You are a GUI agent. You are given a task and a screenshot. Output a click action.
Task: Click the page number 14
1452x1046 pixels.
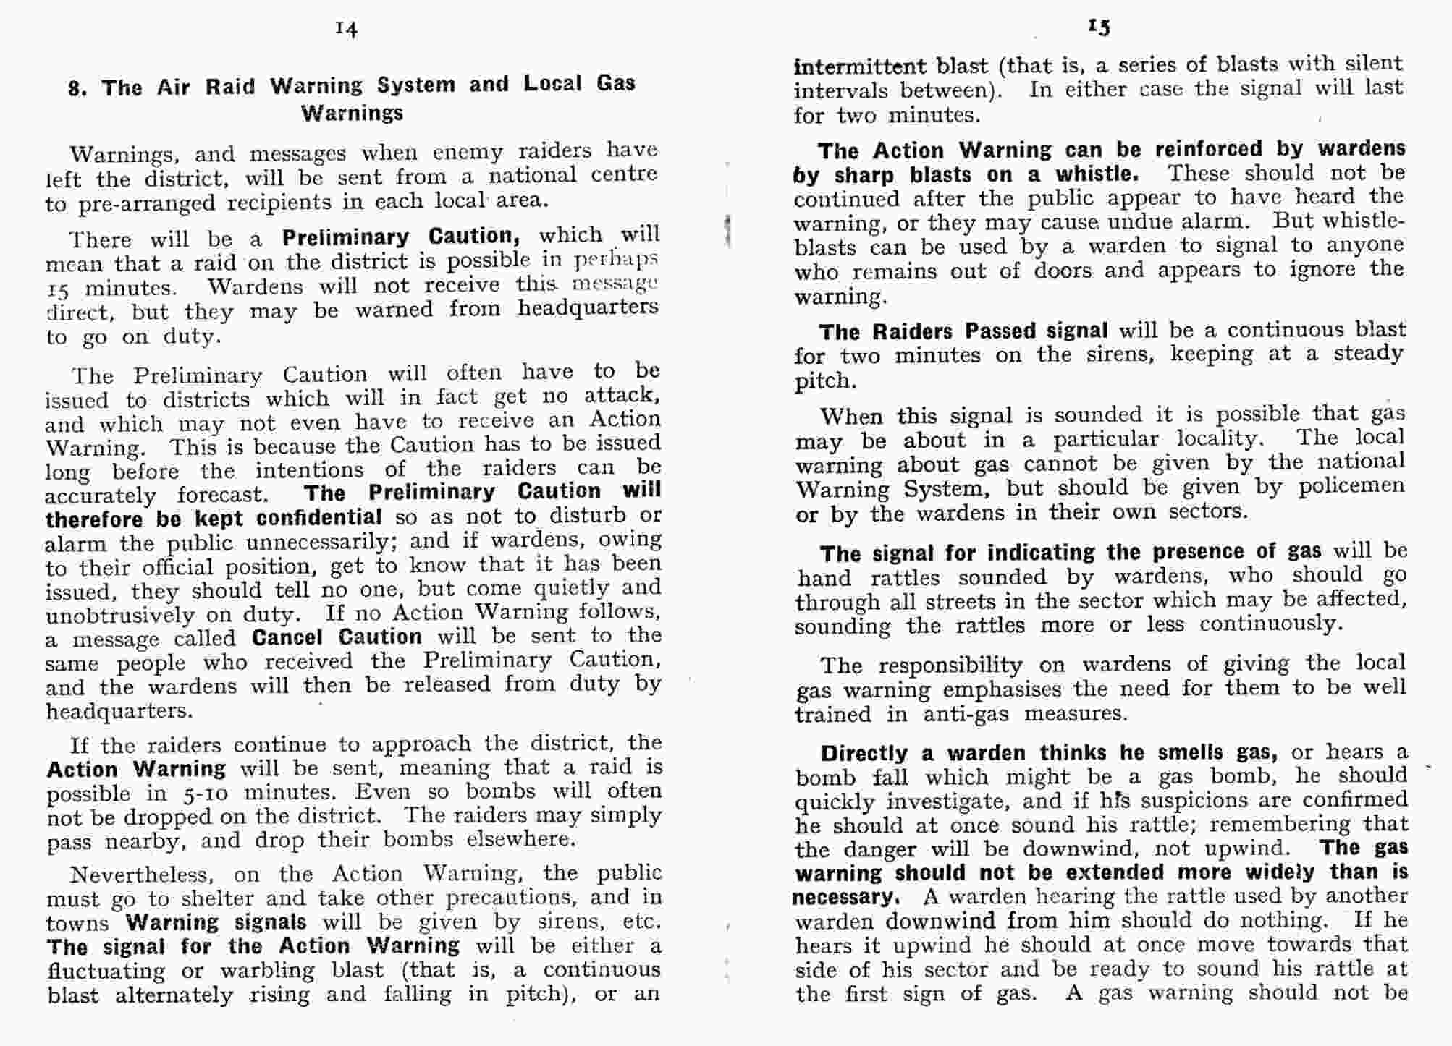coord(347,29)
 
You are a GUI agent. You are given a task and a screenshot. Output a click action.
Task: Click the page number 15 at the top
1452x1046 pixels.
coord(1098,27)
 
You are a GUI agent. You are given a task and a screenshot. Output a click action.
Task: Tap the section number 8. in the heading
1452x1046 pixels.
coord(78,89)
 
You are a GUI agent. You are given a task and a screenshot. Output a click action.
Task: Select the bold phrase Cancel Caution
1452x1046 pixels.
coord(337,637)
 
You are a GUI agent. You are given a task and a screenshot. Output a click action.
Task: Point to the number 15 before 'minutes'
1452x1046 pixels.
coord(57,289)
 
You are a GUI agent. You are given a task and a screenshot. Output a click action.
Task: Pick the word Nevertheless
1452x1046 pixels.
coord(142,875)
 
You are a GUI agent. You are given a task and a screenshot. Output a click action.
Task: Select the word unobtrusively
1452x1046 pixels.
coord(121,616)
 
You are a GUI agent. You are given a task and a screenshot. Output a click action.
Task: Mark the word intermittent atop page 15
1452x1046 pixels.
coord(860,67)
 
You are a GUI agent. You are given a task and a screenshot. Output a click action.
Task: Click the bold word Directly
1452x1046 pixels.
coord(864,754)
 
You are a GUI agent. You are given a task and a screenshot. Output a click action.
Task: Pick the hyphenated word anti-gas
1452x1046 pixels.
coord(966,715)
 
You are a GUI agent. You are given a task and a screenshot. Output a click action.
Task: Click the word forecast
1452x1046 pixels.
coord(223,496)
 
